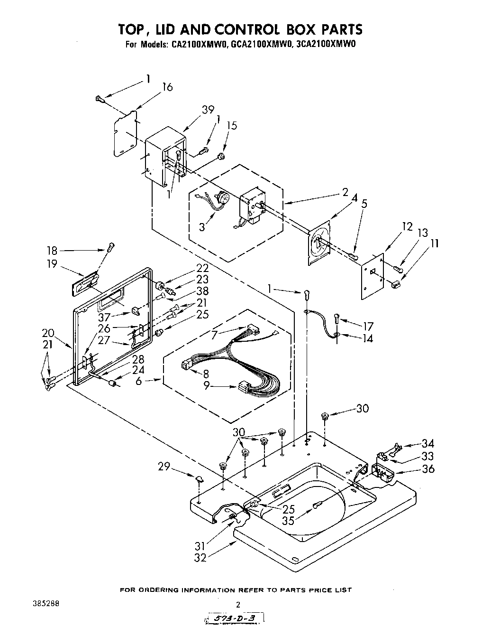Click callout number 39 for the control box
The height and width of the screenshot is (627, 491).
(x=208, y=109)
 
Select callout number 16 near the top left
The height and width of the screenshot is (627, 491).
(x=167, y=87)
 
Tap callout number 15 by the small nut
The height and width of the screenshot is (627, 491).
(x=232, y=126)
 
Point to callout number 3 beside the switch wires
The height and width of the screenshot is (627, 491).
(x=202, y=227)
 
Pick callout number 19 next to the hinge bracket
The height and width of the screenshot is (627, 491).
(x=52, y=264)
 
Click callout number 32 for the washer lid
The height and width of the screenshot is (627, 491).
(x=200, y=557)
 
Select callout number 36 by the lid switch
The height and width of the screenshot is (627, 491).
(x=428, y=468)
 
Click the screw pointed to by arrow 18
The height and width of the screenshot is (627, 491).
(x=110, y=246)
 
